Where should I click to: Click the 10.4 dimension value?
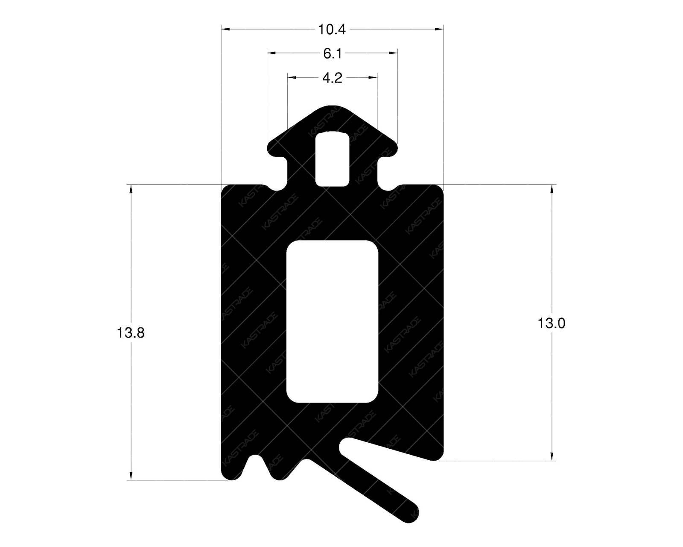pos(332,29)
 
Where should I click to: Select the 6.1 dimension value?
pos(332,53)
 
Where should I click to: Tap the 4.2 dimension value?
pos(332,78)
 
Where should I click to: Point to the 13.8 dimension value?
pos(131,332)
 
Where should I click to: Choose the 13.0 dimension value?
pos(551,323)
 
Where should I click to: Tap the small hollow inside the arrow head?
pos(333,159)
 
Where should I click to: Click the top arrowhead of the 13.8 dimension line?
pos(131,189)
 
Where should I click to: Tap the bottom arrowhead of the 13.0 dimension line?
pos(552,456)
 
